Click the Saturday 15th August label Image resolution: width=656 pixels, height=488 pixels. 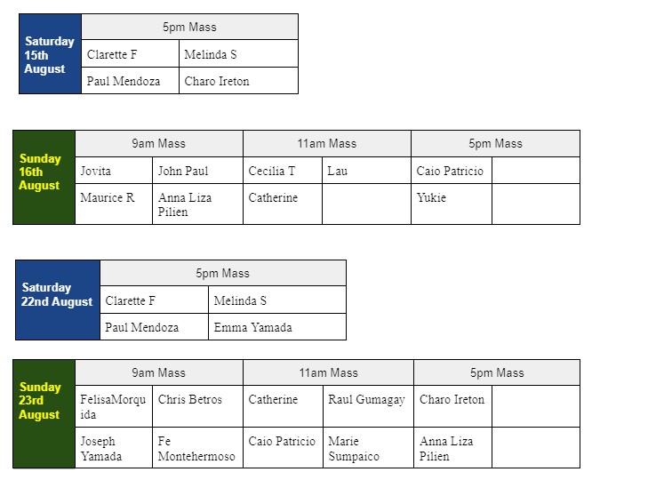click(x=49, y=55)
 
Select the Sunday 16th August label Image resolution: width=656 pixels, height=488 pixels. click(x=40, y=172)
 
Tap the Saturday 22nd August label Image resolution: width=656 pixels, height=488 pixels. click(x=57, y=294)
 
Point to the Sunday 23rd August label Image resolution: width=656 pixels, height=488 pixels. click(x=40, y=401)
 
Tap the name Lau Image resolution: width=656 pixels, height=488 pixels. click(x=337, y=171)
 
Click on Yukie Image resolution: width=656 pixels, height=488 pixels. click(x=431, y=197)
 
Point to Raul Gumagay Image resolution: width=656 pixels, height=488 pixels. click(x=366, y=400)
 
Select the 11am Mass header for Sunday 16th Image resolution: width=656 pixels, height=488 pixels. click(x=327, y=143)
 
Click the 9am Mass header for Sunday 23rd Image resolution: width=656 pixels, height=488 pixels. click(x=158, y=372)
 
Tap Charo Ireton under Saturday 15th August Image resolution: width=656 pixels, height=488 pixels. click(x=217, y=81)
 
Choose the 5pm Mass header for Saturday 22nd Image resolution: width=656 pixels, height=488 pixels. click(x=222, y=273)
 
